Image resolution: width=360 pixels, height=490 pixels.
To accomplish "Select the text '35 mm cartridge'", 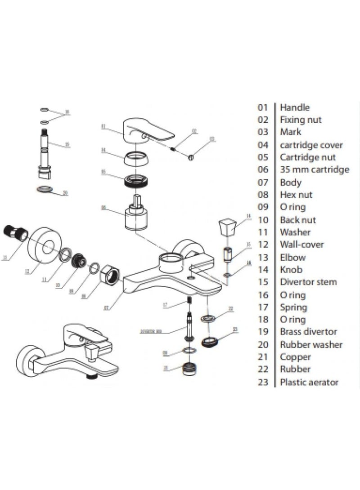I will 314,169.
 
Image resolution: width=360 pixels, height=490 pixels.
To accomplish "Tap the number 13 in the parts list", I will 263,257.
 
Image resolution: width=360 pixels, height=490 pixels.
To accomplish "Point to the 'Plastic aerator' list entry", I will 309,382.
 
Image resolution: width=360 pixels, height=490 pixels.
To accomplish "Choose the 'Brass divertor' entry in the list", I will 308,332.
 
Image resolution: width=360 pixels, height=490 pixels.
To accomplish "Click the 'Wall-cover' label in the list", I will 301,245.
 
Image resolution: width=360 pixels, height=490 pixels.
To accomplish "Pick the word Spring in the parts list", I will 293,307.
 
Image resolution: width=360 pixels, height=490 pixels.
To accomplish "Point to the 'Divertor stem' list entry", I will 308,282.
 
